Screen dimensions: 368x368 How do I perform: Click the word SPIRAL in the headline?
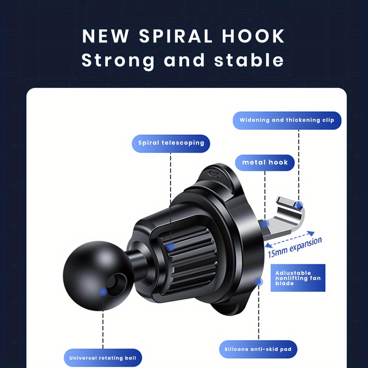pos(176,36)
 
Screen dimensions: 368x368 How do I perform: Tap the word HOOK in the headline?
pos(253,36)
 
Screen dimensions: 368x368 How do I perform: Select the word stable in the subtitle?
pos(249,60)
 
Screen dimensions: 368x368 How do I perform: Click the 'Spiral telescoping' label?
pos(171,144)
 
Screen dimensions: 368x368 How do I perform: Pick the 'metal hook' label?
pos(265,162)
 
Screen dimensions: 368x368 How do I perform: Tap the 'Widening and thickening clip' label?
pos(287,120)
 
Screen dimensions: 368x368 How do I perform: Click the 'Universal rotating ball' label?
pos(103,358)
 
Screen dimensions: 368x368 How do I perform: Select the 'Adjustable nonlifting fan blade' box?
pos(298,278)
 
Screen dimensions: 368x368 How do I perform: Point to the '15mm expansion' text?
pos(295,248)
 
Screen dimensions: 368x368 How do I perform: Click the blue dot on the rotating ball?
pos(103,292)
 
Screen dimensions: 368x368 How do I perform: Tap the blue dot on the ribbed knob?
pos(171,247)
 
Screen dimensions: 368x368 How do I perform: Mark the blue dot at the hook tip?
pos(299,205)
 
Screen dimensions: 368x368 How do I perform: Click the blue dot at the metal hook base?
pos(265,224)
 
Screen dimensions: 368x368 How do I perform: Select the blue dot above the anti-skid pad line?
pos(259,282)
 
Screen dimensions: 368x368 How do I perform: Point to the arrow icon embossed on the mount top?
pos(213,174)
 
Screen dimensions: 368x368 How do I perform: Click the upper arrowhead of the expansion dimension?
pos(311,233)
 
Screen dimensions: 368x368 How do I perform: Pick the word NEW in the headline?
pos(105,36)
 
